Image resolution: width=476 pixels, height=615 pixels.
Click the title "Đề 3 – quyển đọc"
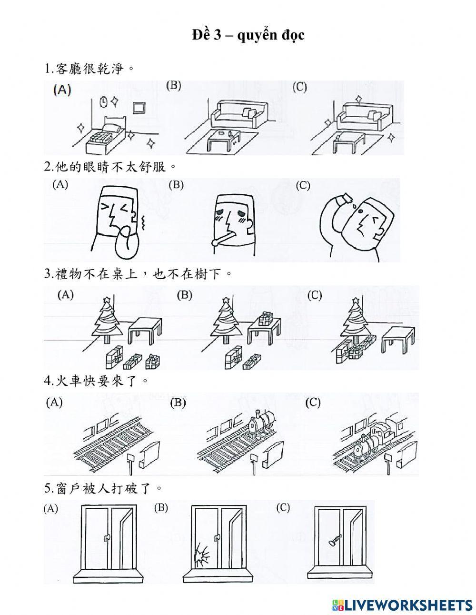248,35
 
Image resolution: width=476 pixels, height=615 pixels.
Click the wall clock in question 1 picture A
103,101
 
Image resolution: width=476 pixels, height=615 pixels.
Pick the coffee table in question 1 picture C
349,141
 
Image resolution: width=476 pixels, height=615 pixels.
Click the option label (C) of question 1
300,88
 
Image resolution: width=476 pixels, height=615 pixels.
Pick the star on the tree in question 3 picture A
107,299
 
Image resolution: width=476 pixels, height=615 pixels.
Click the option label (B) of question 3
185,295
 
